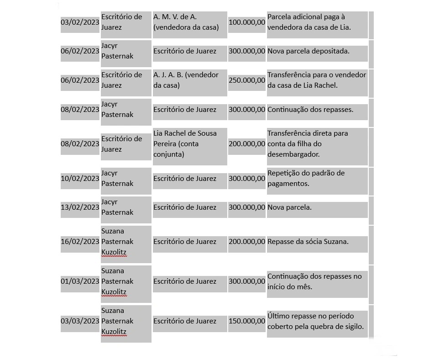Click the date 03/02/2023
point(80,22)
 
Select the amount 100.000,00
point(246,22)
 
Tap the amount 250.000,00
point(246,80)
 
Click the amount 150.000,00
point(246,321)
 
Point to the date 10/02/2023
point(80,178)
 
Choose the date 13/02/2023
point(80,207)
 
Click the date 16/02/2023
point(80,242)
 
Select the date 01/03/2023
point(80,281)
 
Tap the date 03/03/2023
point(80,321)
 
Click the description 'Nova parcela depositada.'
point(309,51)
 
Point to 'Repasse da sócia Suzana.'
point(308,242)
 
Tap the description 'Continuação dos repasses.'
point(310,110)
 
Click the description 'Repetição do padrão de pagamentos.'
point(306,178)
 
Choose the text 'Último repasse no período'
point(311,316)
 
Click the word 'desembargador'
point(293,154)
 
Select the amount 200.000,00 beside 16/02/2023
point(246,242)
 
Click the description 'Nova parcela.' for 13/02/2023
point(290,207)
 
